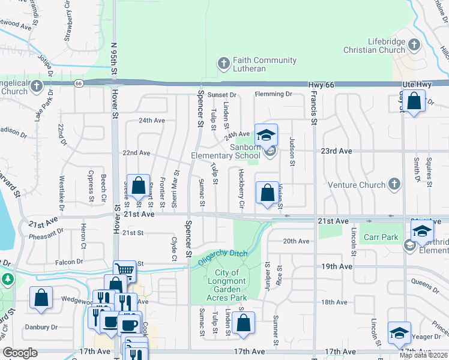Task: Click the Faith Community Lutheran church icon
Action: pyautogui.click(x=223, y=64)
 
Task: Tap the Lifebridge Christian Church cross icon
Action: pyautogui.click(x=413, y=44)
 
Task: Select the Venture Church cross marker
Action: pyautogui.click(x=394, y=184)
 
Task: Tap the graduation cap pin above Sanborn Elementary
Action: pyautogui.click(x=267, y=134)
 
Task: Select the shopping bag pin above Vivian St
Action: pyautogui.click(x=267, y=193)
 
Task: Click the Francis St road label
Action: pyautogui.click(x=313, y=111)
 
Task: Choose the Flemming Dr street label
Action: pyautogui.click(x=273, y=94)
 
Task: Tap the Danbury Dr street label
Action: pyautogui.click(x=41, y=328)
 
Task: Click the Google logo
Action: pyautogui.click(x=20, y=352)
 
